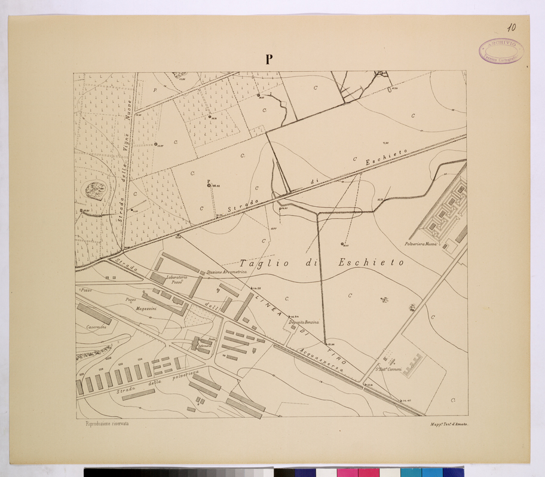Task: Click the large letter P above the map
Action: (270, 59)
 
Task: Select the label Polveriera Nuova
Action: (422, 244)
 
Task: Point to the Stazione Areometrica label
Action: (226, 273)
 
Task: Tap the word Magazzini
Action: (146, 308)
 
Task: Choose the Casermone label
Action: (96, 327)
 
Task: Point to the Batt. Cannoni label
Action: (388, 369)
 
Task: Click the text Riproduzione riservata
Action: (103, 423)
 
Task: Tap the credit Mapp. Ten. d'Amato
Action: (449, 424)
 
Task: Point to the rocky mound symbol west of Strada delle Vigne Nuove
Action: (96, 191)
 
